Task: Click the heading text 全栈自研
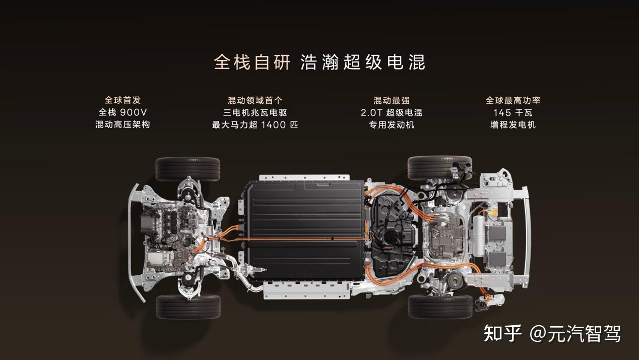(252, 62)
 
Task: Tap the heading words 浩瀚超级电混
(363, 62)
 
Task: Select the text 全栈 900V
(122, 112)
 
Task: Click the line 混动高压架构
(122, 125)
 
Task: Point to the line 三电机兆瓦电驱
(255, 112)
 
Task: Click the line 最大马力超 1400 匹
(255, 125)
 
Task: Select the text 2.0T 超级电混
(392, 112)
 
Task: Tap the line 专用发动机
(392, 125)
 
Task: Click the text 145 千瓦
(513, 112)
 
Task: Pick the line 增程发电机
(513, 125)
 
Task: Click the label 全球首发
(122, 100)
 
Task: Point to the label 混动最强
(392, 100)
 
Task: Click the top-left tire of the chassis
(187, 169)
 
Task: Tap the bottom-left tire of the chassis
(188, 307)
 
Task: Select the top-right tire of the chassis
(439, 168)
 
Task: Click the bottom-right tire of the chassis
(440, 307)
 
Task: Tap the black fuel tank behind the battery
(394, 237)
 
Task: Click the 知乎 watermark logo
(502, 333)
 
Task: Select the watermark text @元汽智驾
(575, 333)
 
